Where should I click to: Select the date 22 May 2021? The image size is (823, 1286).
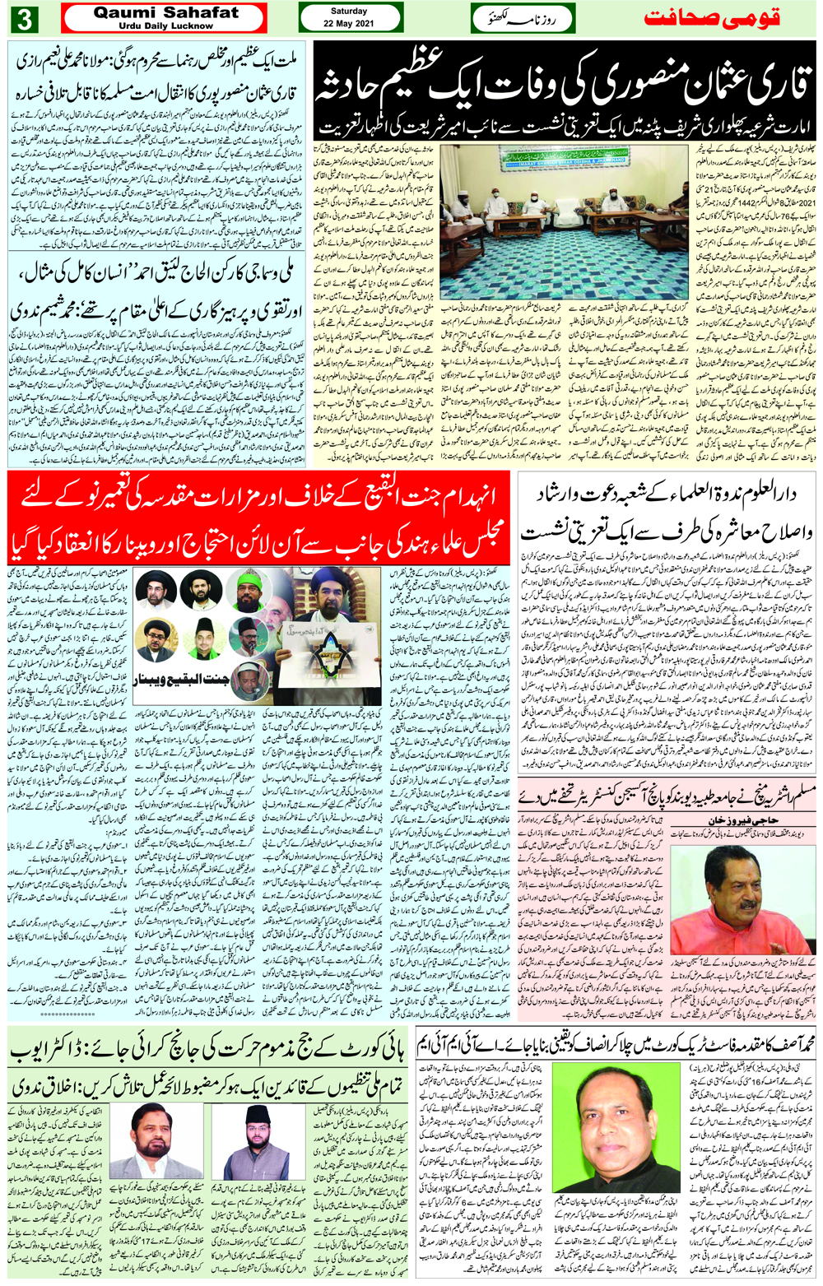(349, 23)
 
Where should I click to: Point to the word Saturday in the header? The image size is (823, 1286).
(349, 12)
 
